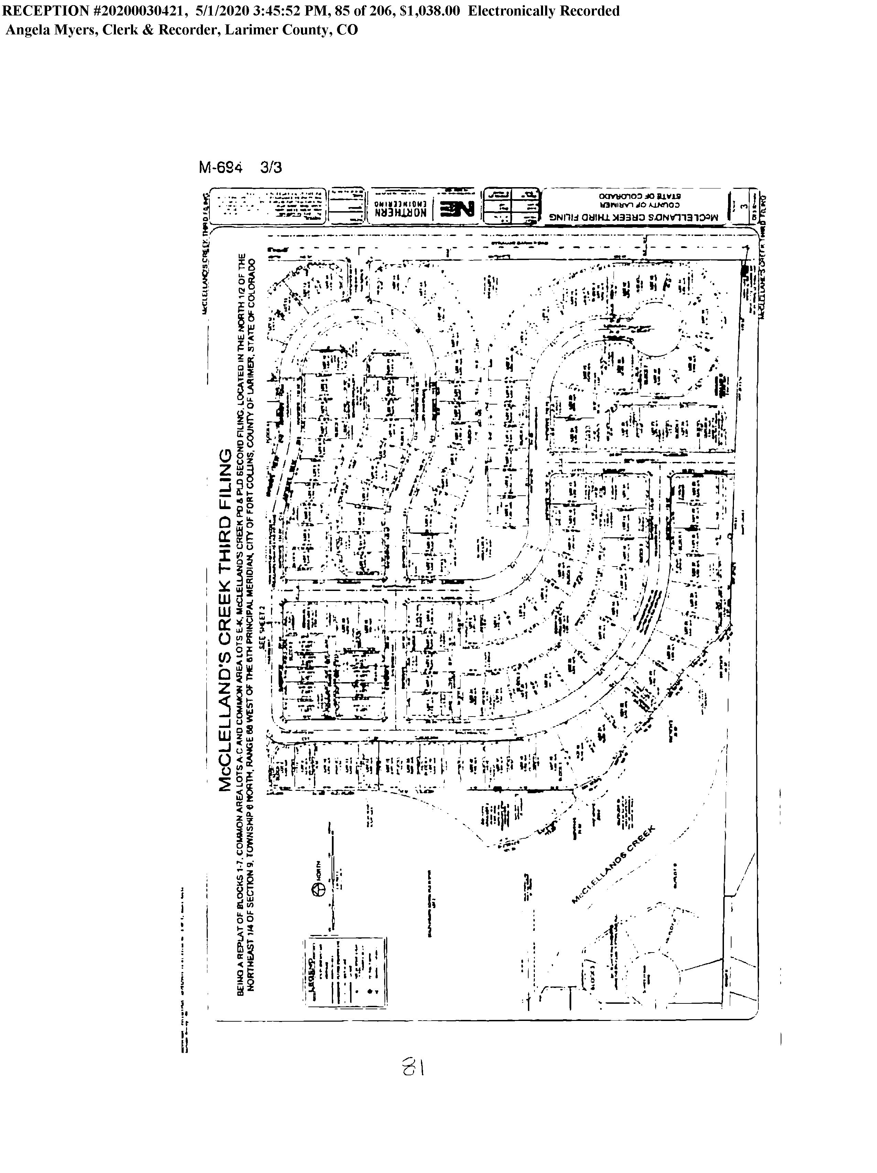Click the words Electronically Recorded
coord(543,11)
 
